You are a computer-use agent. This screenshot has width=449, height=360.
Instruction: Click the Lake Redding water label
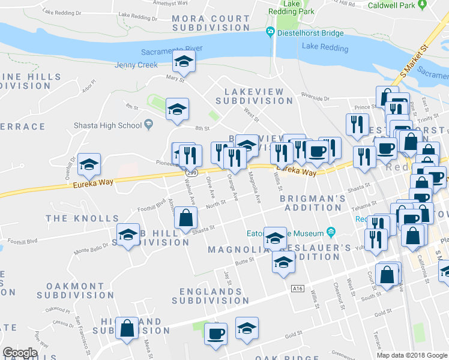coord(325,47)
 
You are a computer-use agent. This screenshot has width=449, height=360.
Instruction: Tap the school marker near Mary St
coord(184,61)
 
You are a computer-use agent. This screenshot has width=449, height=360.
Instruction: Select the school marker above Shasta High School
coord(176,109)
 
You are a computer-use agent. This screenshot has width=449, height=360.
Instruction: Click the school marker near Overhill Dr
coord(89,165)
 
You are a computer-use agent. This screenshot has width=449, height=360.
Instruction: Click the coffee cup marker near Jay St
coord(215,334)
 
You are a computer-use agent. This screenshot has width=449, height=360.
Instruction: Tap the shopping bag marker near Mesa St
coord(127,328)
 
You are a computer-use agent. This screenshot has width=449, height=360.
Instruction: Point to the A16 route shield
coord(297,289)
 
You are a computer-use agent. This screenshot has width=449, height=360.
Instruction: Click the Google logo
coord(20,353)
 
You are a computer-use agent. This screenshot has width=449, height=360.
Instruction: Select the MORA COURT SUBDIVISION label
coord(210,23)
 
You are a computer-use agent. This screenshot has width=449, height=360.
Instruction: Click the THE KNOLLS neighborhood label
coord(73,218)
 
